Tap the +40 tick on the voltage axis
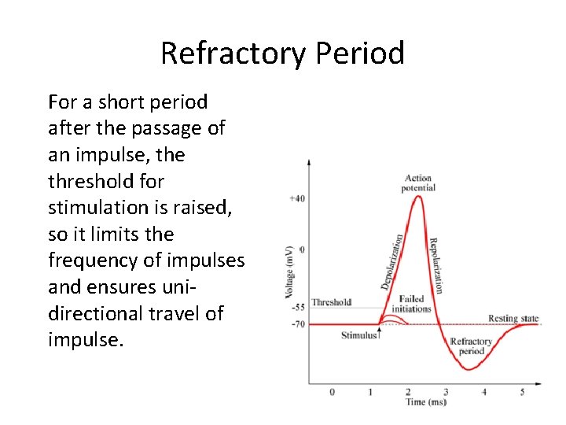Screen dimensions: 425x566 (297, 198)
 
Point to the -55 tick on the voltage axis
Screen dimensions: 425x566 (297, 307)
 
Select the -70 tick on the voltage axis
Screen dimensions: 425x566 (297, 323)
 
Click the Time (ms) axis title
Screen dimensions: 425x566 (427, 402)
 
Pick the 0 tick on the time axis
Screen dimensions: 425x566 (332, 391)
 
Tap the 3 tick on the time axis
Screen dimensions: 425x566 (446, 391)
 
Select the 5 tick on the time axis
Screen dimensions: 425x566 (522, 391)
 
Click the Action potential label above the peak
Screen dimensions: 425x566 (418, 183)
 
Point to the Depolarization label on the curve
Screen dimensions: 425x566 (392, 261)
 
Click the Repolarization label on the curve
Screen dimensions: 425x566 (436, 265)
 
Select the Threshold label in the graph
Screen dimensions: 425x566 (331, 302)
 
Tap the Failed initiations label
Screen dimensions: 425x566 (412, 304)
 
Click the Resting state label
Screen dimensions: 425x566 (513, 319)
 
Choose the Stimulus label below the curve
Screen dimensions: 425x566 (359, 336)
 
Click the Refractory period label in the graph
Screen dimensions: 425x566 (471, 346)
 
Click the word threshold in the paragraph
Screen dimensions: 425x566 (86, 182)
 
